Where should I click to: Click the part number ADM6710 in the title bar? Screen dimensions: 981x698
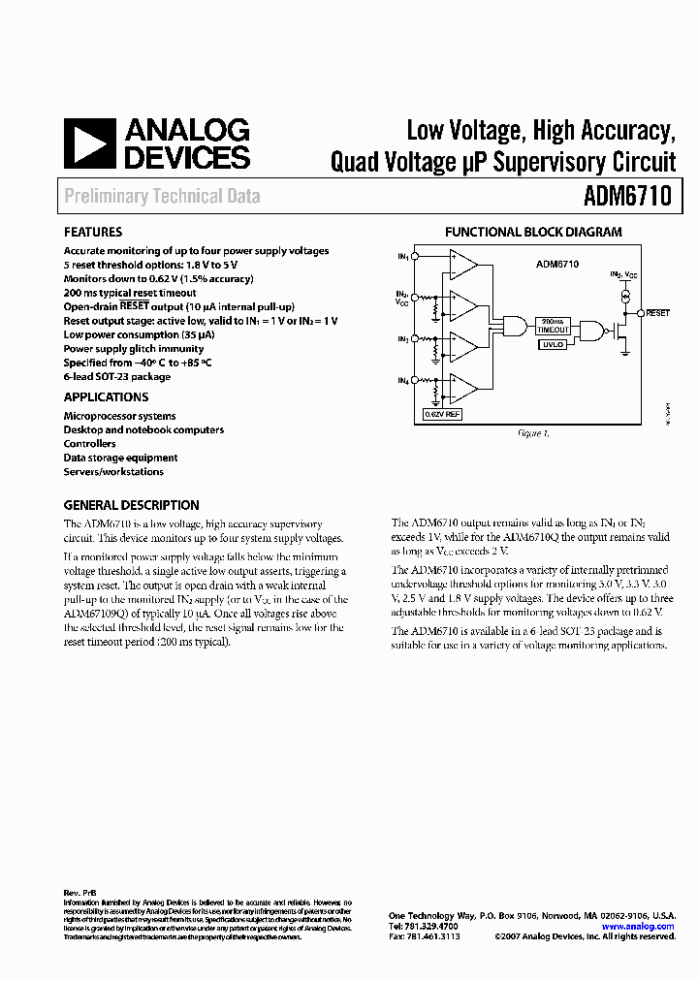click(x=627, y=197)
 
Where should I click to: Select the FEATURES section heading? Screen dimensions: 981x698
click(x=93, y=233)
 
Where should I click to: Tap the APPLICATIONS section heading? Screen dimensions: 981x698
click(x=107, y=397)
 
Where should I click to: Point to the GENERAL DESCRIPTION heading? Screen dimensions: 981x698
click(x=132, y=505)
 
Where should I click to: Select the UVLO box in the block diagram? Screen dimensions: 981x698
click(x=554, y=344)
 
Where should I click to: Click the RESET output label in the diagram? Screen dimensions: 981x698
click(x=658, y=313)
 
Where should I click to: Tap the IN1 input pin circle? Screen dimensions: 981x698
click(x=415, y=256)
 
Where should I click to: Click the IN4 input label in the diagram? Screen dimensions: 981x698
click(x=401, y=379)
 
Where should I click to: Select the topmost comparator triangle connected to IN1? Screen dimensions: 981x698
click(x=463, y=264)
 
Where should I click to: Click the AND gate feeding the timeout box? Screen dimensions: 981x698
click(x=515, y=326)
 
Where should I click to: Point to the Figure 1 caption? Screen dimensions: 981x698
click(x=532, y=433)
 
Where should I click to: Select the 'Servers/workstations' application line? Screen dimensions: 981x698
click(x=113, y=472)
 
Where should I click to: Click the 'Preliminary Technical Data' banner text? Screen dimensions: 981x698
click(x=162, y=197)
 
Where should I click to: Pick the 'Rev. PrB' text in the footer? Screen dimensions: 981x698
click(x=79, y=891)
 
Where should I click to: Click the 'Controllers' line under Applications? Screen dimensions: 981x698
click(x=90, y=444)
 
